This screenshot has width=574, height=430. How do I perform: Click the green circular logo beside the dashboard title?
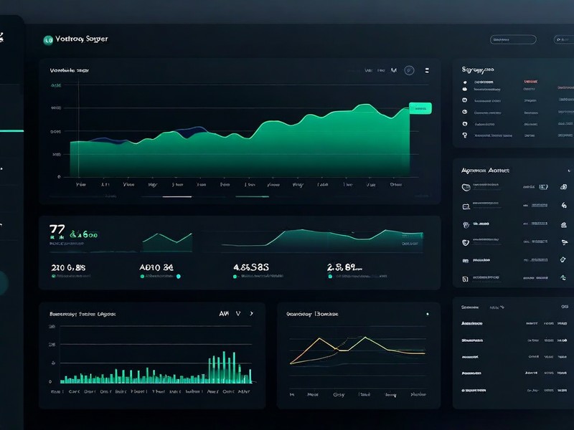coord(49,40)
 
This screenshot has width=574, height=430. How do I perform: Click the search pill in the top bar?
coord(512,40)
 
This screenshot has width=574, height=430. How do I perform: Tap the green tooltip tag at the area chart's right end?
coord(420,108)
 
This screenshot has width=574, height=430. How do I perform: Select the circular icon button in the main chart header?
coord(409,70)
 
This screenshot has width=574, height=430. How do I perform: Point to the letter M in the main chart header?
coord(393,70)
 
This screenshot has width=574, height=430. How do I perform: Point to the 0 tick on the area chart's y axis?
coord(59,176)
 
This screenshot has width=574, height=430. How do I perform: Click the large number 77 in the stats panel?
coord(57,231)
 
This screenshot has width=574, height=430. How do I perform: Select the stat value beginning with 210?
coord(69,267)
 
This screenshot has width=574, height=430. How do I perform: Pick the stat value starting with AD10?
coord(156,267)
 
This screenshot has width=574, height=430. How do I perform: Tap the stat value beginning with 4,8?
coord(251,267)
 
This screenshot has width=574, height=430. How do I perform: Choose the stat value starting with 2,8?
coord(343,267)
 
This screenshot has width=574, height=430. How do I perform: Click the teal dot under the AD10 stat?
coord(178,276)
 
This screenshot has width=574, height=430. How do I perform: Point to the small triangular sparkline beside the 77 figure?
coord(169,242)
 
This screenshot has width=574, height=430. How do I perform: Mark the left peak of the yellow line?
coord(317,339)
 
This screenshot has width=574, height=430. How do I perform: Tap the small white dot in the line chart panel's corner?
coord(428,314)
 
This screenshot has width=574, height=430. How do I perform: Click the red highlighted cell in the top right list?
coord(530,82)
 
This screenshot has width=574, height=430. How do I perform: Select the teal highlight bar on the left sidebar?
coord(11,131)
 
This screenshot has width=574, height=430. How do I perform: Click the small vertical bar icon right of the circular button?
coord(428,70)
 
